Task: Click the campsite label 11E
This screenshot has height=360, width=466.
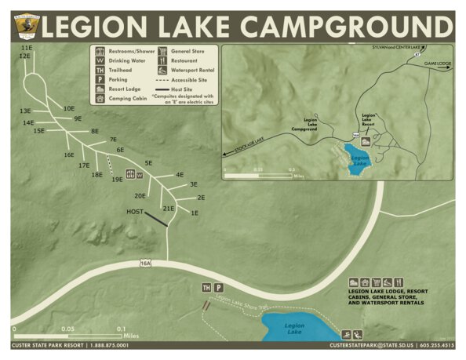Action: (x=26, y=49)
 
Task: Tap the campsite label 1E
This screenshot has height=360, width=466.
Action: (x=195, y=213)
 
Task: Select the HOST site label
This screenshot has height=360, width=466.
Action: (x=134, y=212)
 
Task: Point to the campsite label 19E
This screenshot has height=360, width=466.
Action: (x=117, y=180)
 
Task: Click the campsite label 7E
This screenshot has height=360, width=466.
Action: (x=112, y=140)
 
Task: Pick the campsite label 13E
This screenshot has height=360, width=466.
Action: (x=26, y=111)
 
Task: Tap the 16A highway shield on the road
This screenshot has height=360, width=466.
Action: (x=145, y=263)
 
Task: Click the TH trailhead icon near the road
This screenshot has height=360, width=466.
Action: (x=206, y=288)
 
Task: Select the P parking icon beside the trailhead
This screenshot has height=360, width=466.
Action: (x=219, y=288)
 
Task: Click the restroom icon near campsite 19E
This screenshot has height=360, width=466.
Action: (x=130, y=174)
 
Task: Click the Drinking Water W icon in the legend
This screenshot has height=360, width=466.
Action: (x=100, y=60)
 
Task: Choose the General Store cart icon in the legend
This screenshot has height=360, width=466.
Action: (x=163, y=51)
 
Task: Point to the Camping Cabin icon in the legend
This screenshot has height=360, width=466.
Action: (x=100, y=99)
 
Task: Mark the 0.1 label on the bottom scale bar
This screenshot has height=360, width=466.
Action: (x=121, y=329)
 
